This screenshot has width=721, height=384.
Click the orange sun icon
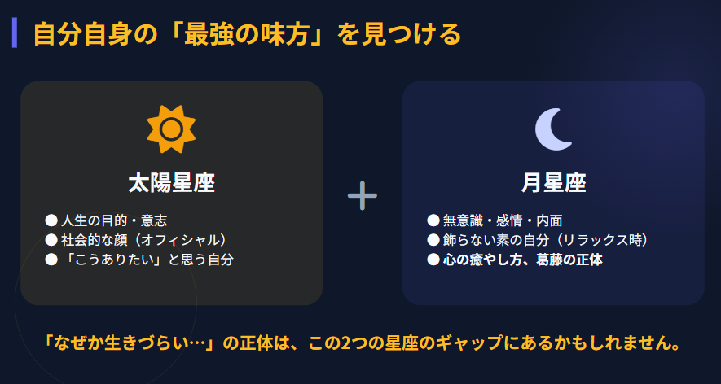point(171,129)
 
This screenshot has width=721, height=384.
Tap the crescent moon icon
point(553,129)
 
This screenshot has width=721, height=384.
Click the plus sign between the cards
point(362,195)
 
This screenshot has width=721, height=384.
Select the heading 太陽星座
point(171,182)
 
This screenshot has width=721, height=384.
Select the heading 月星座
point(553,182)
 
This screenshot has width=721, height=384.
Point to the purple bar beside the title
point(15,35)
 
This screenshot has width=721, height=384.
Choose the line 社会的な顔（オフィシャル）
point(143,240)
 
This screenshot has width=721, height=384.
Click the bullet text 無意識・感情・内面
point(503,220)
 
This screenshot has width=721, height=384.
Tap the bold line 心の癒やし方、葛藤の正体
point(522,260)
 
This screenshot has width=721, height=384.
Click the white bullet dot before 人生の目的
point(51,220)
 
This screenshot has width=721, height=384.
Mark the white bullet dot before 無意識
point(433,220)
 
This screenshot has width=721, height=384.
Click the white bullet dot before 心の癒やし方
point(433,260)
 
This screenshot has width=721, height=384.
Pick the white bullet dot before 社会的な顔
point(51,240)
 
